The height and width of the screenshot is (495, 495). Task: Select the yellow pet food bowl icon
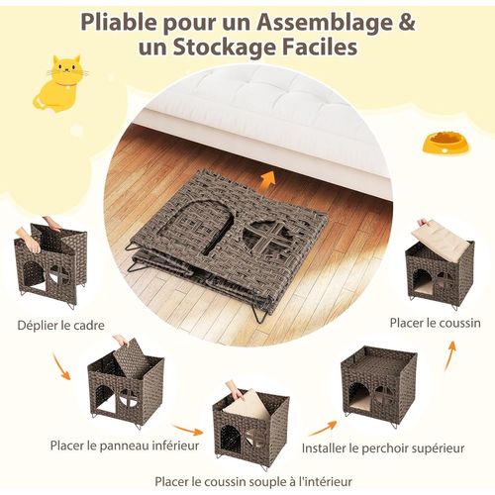click(x=443, y=146)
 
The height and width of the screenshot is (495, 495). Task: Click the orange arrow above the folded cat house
click(x=264, y=178)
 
